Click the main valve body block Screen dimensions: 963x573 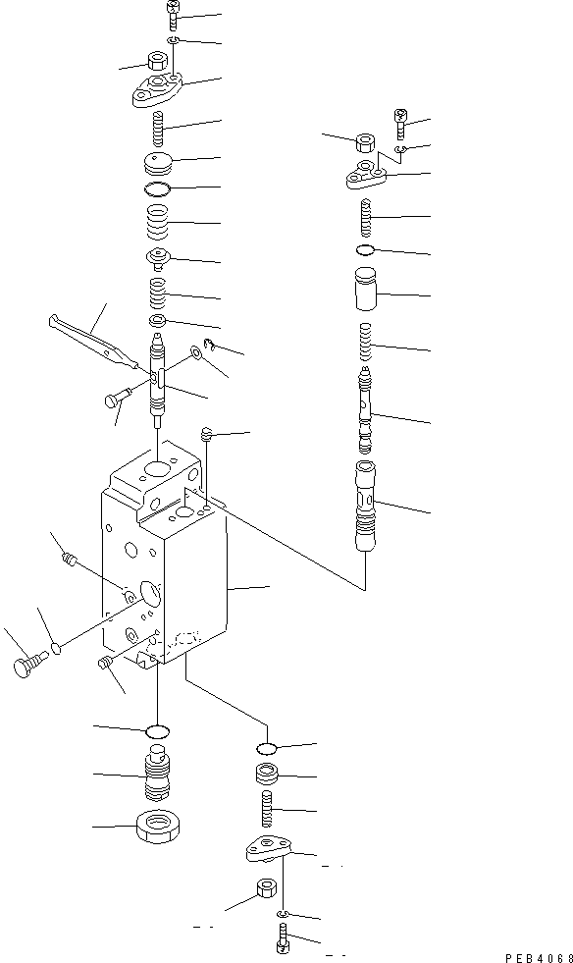167,569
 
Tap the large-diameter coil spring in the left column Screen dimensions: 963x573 158,223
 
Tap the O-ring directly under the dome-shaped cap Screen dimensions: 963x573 157,187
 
